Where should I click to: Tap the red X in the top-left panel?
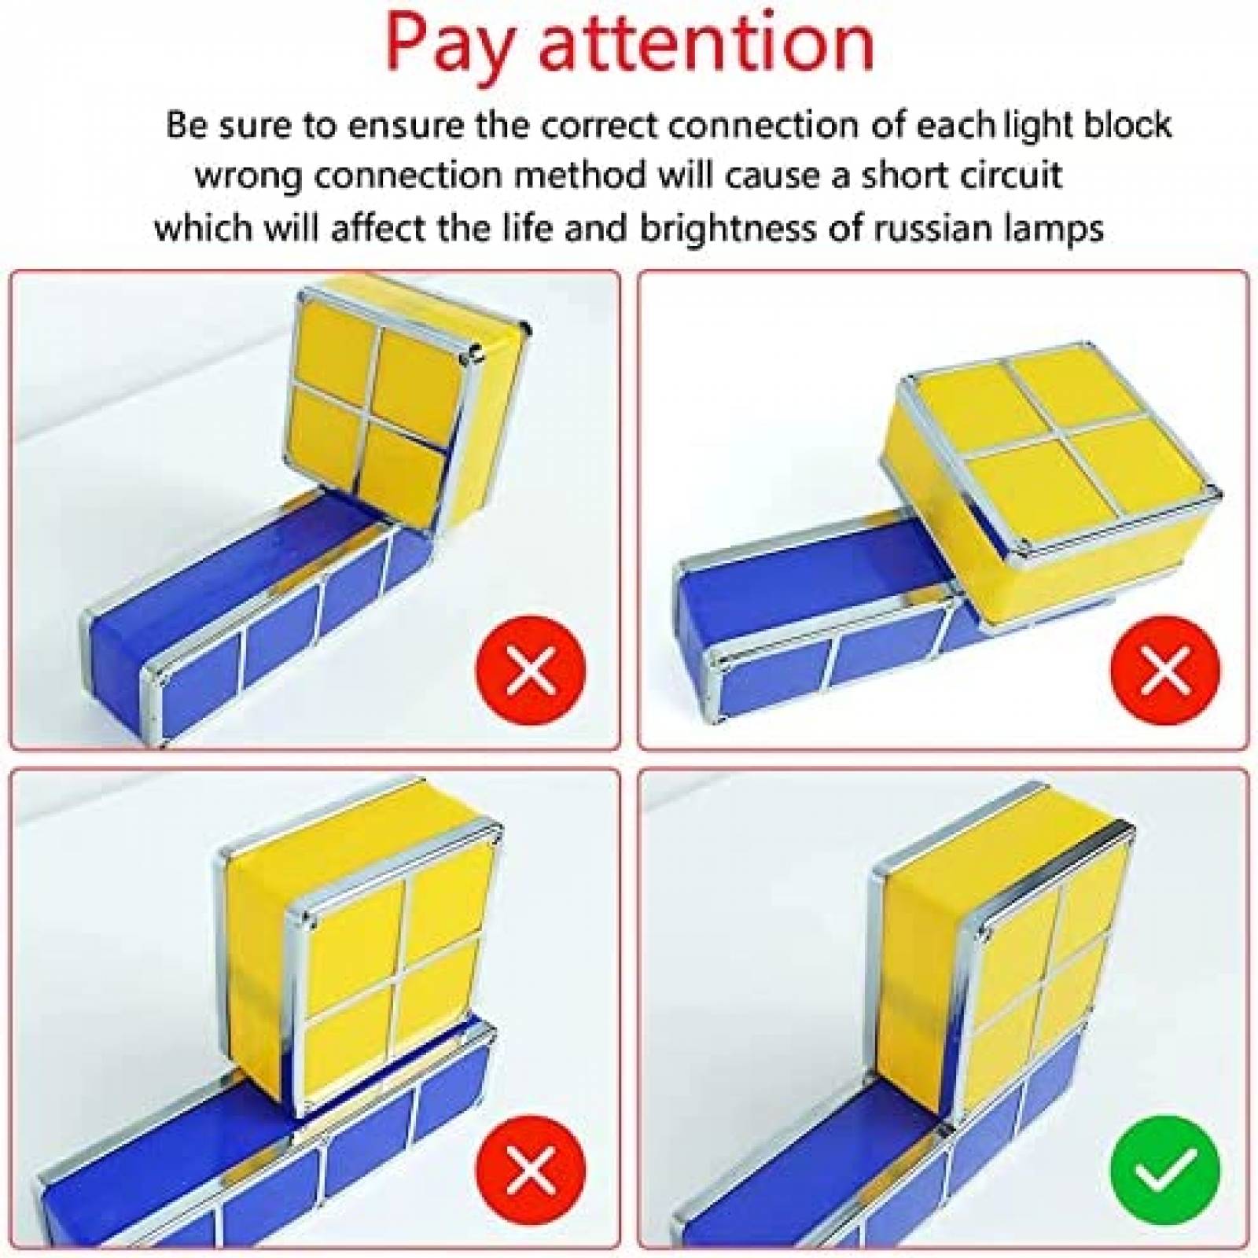532,671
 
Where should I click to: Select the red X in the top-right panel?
1165,671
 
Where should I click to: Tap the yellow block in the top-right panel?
1054,456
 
